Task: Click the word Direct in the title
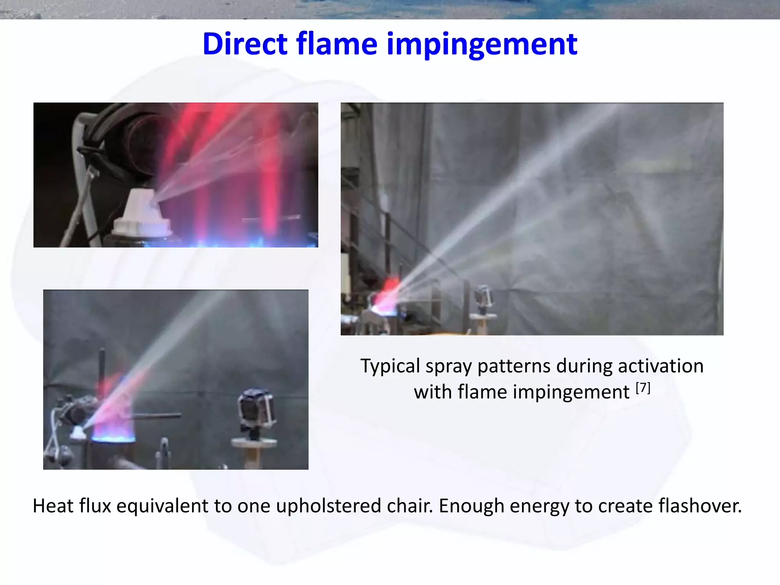[x=245, y=44]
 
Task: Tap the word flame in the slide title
[x=337, y=44]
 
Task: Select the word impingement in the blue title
[x=482, y=45]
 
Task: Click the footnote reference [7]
[x=643, y=388]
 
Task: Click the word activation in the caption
[x=660, y=366]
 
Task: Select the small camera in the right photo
[x=484, y=297]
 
